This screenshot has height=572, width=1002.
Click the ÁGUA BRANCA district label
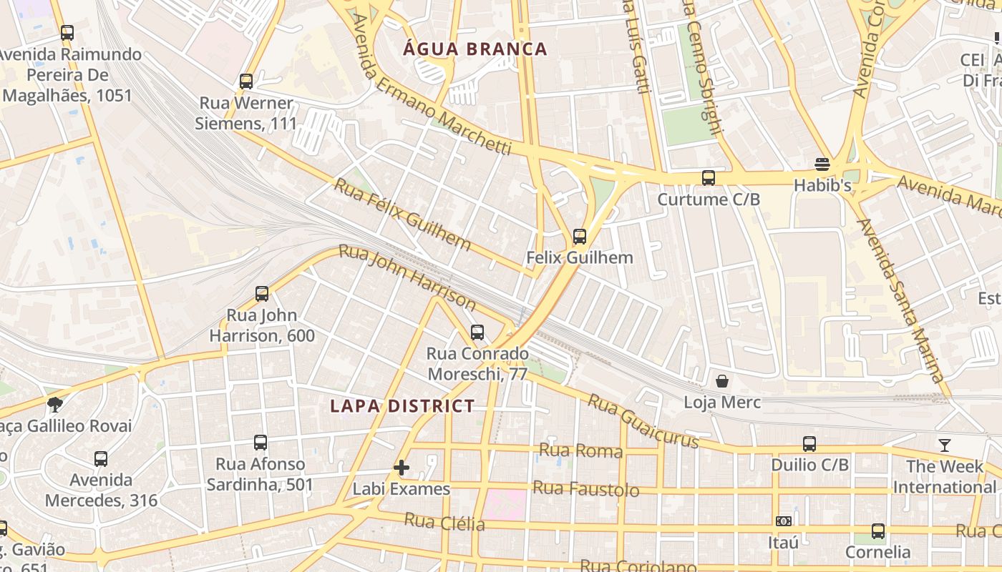pyautogui.click(x=475, y=49)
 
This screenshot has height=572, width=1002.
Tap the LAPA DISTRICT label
pyautogui.click(x=402, y=406)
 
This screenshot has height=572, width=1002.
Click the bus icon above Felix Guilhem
pyautogui.click(x=580, y=236)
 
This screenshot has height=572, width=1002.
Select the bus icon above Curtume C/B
pyautogui.click(x=709, y=177)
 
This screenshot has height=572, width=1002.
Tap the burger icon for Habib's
pyautogui.click(x=822, y=164)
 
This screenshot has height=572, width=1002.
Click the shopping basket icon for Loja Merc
pyautogui.click(x=722, y=381)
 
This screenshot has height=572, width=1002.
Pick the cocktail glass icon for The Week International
pyautogui.click(x=945, y=445)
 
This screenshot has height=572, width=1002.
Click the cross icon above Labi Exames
pyautogui.click(x=402, y=468)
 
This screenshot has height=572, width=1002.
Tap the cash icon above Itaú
pyautogui.click(x=784, y=521)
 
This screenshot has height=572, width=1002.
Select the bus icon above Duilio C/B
pyautogui.click(x=809, y=444)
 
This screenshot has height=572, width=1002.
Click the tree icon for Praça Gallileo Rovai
pyautogui.click(x=55, y=405)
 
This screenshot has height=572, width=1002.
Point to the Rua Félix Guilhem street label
pyautogui.click(x=403, y=214)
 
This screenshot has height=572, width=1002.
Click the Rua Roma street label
pyautogui.click(x=580, y=450)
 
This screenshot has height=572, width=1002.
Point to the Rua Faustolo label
pyautogui.click(x=585, y=489)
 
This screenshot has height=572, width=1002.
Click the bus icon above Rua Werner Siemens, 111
pyautogui.click(x=246, y=81)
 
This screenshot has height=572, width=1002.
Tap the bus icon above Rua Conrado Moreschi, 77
pyautogui.click(x=477, y=332)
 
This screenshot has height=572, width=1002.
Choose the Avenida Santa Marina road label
pyautogui.click(x=900, y=300)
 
